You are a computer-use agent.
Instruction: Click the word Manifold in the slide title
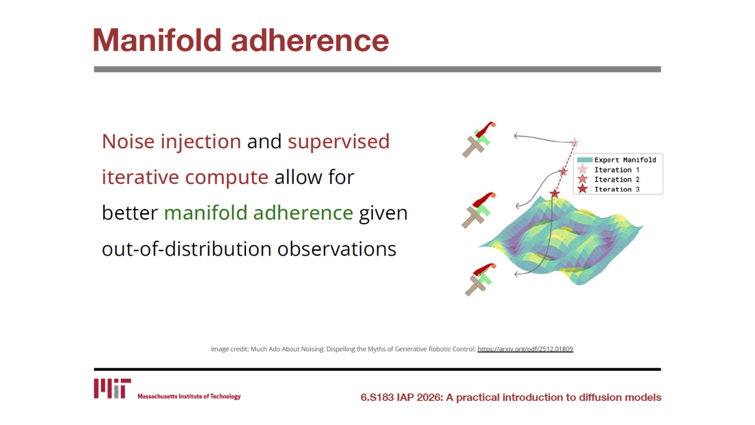coord(157,40)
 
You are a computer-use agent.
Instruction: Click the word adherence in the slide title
coord(310,40)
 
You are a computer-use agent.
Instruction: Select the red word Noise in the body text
coord(128,141)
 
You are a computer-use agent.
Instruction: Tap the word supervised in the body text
coord(339,142)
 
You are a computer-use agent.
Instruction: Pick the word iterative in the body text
coord(140,177)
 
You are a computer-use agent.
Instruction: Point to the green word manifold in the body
coord(206,213)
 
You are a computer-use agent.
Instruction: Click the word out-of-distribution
coord(186,249)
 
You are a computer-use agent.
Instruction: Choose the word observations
coord(337,249)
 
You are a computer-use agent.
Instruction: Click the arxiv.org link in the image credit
coord(525,349)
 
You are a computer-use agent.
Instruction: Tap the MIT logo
coord(112,388)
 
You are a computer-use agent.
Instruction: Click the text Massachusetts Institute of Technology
coord(189,396)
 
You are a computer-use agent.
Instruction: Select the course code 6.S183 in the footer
coord(377,397)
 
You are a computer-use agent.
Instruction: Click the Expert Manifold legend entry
coord(616,160)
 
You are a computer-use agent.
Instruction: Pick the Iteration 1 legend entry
coord(608,169)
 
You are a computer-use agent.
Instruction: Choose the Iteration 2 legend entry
coord(608,179)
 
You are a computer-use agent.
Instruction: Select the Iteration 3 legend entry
coord(608,189)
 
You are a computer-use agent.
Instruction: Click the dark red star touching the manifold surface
coord(554,194)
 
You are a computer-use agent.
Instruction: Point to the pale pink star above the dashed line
coord(575,142)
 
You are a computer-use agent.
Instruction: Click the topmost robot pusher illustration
coord(479,139)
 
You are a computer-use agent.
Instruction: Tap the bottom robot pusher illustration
coord(480,280)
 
